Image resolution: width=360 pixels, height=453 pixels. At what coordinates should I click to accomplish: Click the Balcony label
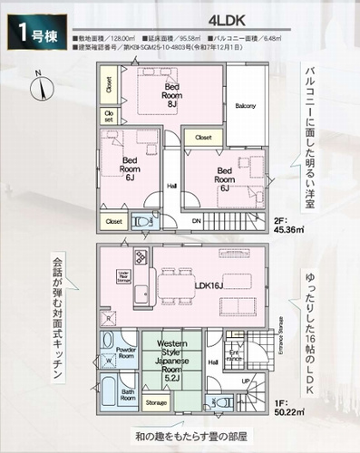[246, 106]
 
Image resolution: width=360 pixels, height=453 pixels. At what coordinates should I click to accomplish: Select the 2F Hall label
[171, 187]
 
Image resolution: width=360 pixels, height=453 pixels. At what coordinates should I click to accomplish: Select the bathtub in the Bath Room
[108, 395]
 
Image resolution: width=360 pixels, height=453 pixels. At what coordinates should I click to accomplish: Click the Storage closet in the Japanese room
[156, 401]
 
